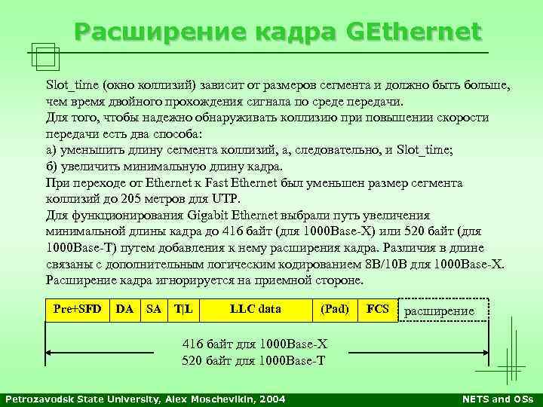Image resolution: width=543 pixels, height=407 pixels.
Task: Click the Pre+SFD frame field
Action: [78, 309]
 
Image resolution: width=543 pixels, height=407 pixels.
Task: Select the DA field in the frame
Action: [125, 309]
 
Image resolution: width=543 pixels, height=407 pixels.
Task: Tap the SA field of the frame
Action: [154, 309]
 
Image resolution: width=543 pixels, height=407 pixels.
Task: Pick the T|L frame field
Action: [183, 309]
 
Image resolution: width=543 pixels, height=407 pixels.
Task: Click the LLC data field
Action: [255, 309]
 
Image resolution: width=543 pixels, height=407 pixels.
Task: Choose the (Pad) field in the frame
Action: [335, 309]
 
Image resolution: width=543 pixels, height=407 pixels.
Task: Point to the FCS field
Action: [377, 309]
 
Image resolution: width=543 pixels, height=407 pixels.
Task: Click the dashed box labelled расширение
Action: [443, 311]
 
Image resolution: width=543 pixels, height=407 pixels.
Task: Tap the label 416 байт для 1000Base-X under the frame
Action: [255, 344]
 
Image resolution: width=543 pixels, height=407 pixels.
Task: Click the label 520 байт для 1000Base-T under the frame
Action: [254, 360]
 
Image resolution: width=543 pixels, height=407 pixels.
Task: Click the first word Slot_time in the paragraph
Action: [72, 85]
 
